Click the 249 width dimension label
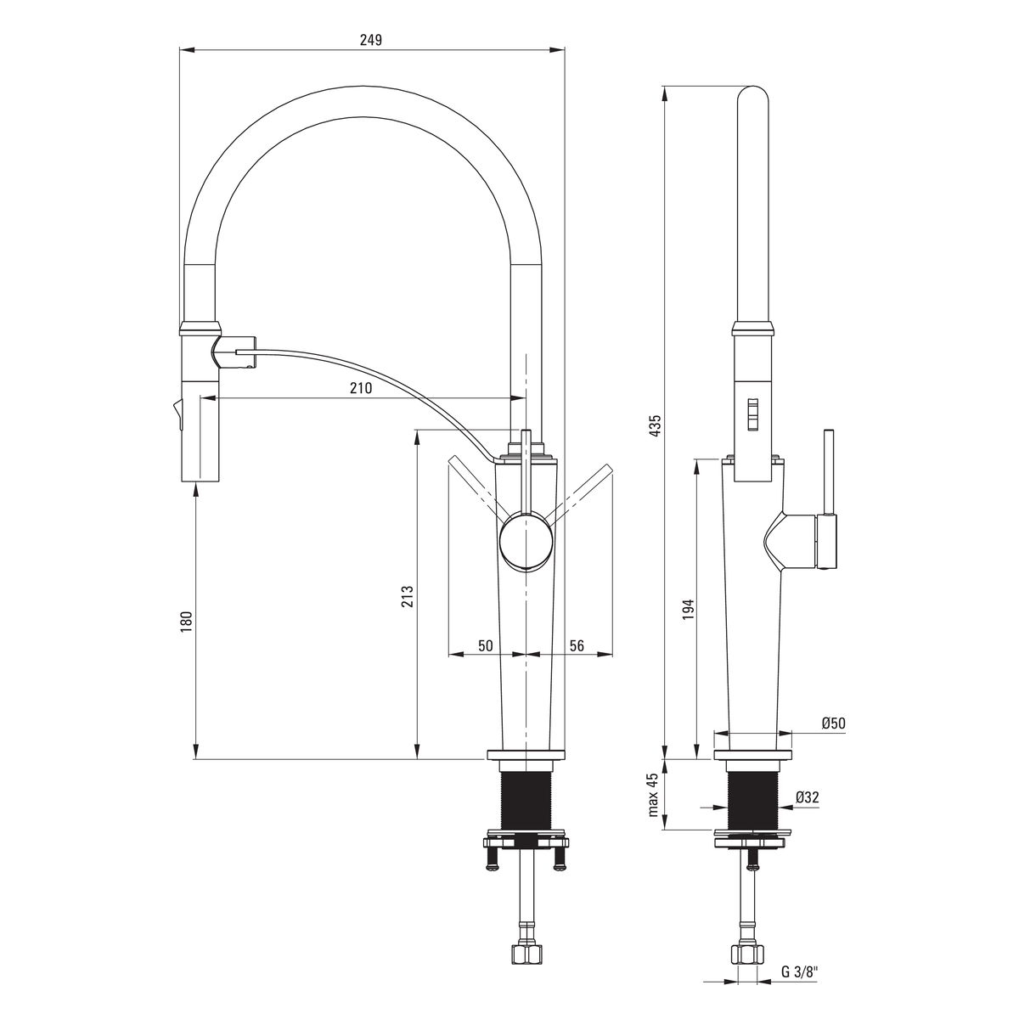371,40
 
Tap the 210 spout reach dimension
361,387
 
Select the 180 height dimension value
186,622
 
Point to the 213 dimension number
408,596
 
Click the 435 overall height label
655,425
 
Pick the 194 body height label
687,610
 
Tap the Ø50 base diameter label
833,723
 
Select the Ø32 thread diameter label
807,797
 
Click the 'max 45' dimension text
654,795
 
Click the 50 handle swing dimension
485,645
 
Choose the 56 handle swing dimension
577,645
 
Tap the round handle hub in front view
526,543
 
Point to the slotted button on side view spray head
752,415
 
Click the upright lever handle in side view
829,471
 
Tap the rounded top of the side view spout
752,95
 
